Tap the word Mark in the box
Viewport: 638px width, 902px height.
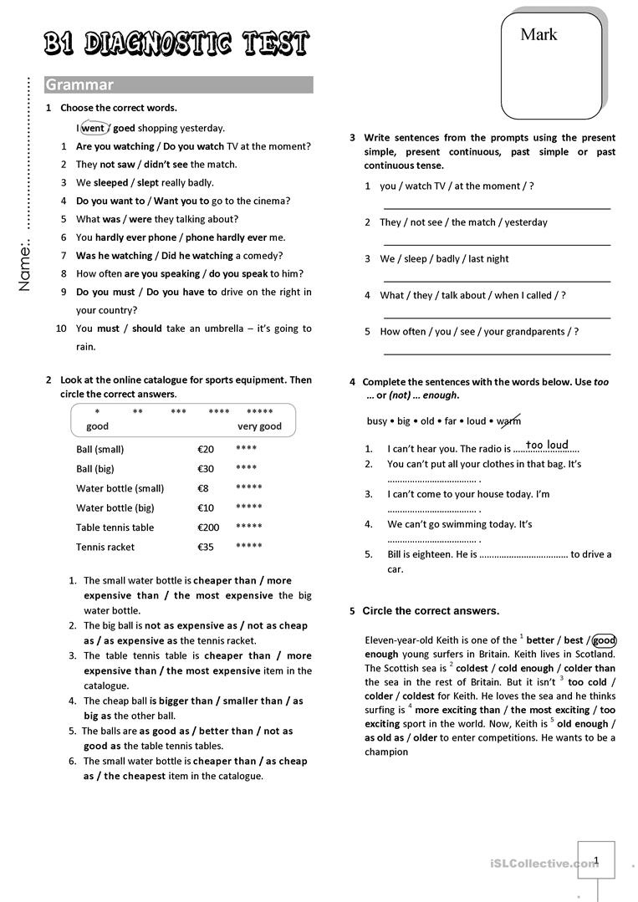point(538,34)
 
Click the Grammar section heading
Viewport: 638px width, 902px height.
point(79,84)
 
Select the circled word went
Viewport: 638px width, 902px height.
point(93,129)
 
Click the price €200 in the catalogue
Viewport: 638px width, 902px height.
point(208,527)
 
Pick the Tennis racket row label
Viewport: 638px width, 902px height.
point(105,548)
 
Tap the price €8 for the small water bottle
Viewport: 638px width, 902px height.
point(202,488)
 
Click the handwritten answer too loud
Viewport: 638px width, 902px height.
point(547,445)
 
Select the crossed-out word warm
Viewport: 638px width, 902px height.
point(508,420)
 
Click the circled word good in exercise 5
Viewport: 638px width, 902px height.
point(604,640)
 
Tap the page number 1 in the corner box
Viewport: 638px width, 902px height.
point(596,859)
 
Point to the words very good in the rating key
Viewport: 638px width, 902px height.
point(259,426)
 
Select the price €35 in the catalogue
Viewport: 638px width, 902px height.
point(206,548)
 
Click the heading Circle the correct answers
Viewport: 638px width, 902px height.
point(431,611)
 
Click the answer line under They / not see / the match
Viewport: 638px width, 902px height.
point(497,243)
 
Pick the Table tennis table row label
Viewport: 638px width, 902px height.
point(115,527)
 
